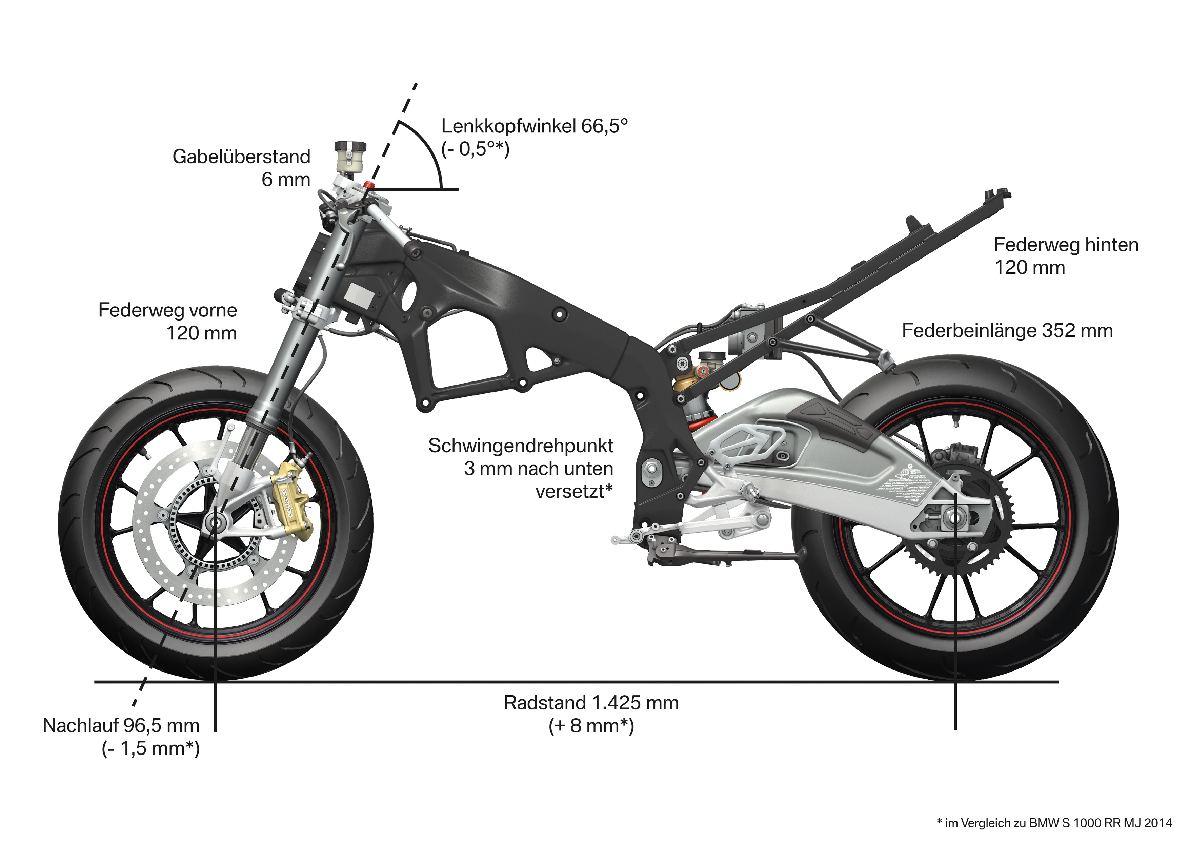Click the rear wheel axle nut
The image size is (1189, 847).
[x=948, y=518]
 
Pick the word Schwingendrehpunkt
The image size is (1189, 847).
[x=520, y=446]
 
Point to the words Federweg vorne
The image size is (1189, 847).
[x=167, y=310]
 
